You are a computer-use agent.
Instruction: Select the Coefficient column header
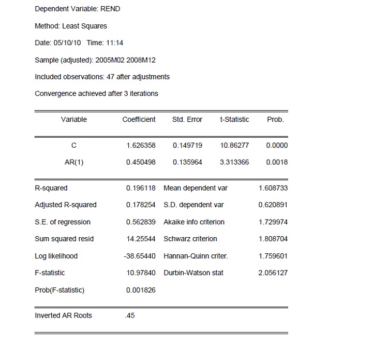coord(139,120)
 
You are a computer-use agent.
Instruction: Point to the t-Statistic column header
coord(234,120)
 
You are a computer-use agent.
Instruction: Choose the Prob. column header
coord(275,120)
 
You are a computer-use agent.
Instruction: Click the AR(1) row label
coord(74,162)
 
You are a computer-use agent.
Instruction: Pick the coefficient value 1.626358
coord(141,146)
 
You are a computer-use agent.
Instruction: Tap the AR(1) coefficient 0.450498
coord(141,162)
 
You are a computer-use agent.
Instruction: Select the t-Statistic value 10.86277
coord(234,146)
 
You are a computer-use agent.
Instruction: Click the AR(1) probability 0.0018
coord(277,162)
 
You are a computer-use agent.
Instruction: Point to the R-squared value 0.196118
coord(141,188)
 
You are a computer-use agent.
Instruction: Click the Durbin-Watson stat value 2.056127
coord(273,272)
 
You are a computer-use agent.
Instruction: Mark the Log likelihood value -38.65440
coord(140,256)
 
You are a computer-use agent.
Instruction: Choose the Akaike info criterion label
coord(194,222)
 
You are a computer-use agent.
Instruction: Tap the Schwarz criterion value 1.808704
coord(273,239)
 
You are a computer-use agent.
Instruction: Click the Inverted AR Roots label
coord(63,315)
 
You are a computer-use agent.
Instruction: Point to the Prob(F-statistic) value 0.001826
coord(141,290)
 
